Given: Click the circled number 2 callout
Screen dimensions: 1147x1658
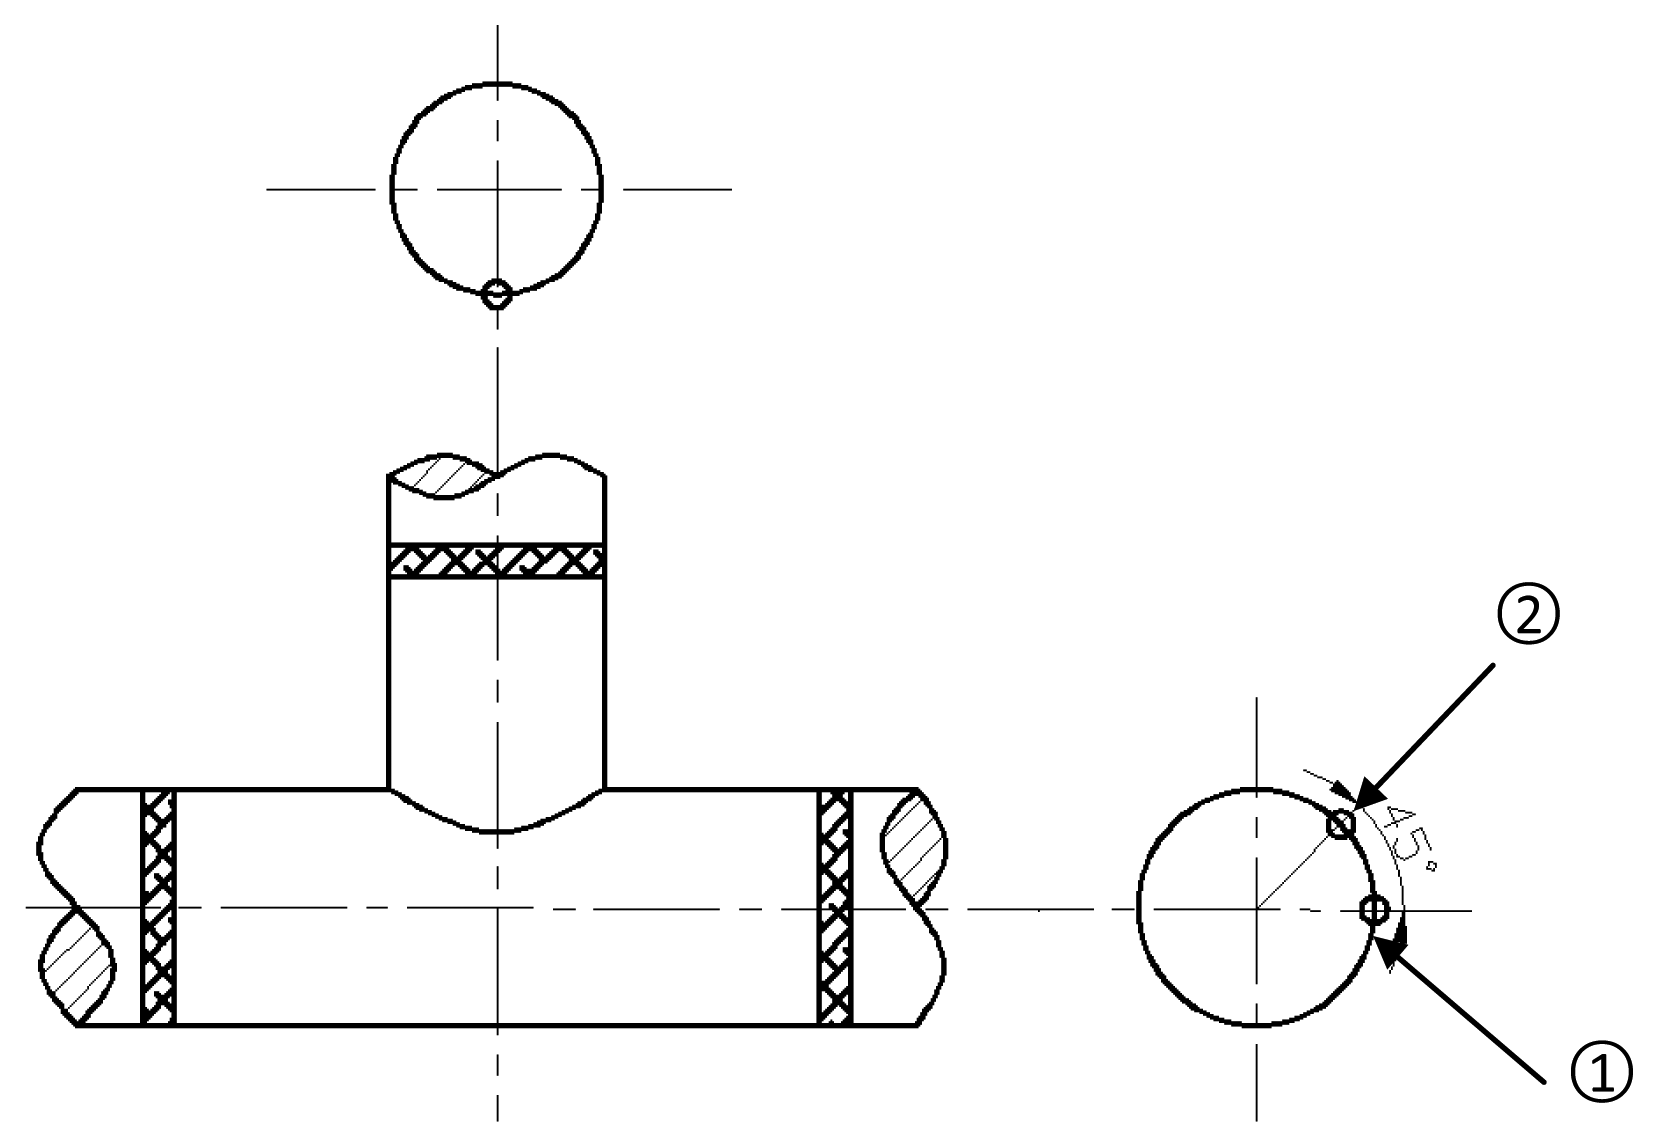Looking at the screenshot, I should (1528, 616).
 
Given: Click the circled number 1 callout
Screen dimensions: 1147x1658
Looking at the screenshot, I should (1601, 1073).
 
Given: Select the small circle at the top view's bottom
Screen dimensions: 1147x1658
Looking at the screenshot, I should (497, 294).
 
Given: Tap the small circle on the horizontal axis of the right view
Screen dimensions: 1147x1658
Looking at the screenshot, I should (1375, 910).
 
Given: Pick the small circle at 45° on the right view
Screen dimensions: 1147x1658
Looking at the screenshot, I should (1341, 824).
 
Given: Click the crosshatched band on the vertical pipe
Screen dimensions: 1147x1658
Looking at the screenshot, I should (496, 561).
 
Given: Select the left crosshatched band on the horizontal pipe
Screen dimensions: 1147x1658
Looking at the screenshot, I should (158, 906).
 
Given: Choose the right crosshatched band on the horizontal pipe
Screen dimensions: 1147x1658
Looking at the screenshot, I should (835, 906).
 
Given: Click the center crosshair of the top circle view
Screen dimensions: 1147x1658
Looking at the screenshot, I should (497, 188).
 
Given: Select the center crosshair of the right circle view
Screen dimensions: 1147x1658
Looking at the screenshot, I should (1256, 908).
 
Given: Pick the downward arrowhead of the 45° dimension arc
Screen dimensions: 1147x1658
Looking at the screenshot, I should (1403, 938).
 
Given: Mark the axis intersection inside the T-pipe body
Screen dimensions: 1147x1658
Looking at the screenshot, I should (497, 908).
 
